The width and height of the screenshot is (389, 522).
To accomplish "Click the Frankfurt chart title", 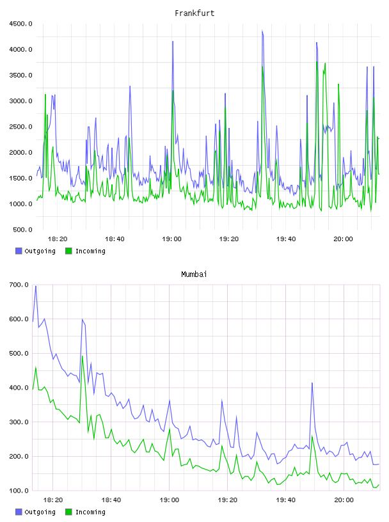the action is click(194, 13).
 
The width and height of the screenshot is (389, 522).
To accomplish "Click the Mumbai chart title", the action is click(194, 274).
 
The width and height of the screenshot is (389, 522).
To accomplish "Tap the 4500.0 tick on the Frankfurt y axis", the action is click(20, 24).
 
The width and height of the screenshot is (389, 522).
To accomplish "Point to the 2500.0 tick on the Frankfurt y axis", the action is click(20, 127).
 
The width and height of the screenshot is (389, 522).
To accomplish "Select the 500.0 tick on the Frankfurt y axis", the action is click(22, 230).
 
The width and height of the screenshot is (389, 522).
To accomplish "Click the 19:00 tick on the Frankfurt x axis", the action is click(171, 239).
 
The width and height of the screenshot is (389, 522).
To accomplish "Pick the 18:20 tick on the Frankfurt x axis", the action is click(58, 239).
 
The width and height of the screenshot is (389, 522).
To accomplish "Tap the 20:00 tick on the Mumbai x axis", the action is click(344, 500).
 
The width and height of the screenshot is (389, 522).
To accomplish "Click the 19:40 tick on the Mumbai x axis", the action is click(285, 500).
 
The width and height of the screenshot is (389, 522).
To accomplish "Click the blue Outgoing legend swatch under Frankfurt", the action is click(19, 251).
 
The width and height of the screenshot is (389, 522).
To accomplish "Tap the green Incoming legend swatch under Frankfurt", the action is click(68, 251).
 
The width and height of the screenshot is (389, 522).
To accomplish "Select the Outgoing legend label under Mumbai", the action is click(40, 512).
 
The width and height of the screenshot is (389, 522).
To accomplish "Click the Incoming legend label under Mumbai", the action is click(90, 512).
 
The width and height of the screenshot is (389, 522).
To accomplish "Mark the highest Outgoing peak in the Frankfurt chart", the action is click(262, 31).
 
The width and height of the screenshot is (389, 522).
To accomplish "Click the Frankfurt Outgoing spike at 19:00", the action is click(173, 42).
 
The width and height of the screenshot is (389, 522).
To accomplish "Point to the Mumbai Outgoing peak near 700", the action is click(36, 286).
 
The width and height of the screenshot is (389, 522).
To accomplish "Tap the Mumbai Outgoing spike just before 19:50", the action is click(312, 383).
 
